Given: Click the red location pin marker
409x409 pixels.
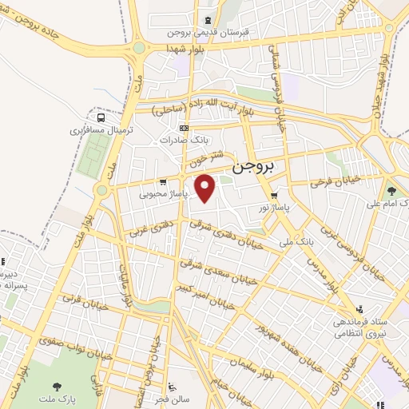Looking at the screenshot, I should pos(206,189).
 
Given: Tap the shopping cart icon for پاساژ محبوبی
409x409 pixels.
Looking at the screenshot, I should pos(163,181).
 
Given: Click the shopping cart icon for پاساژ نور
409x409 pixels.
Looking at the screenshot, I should pos(274,194).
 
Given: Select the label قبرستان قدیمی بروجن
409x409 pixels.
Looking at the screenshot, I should pos(209,33).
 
